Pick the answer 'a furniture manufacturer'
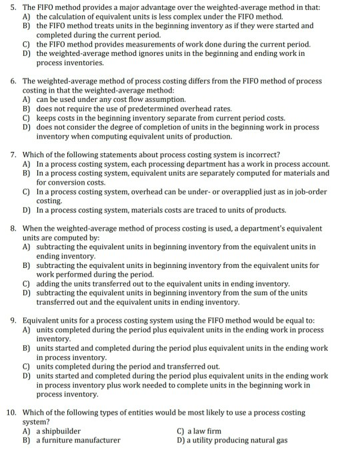[78, 440]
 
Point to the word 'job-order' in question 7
[309, 191]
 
